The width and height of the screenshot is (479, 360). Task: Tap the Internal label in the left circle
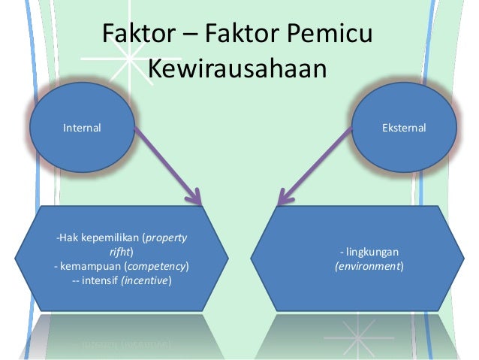[82, 129]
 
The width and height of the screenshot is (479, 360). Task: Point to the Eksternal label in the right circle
[403, 129]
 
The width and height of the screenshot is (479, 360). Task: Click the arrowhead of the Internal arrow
[197, 199]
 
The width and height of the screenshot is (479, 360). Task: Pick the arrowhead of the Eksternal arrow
[283, 199]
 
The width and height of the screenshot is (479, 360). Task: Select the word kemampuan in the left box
[90, 267]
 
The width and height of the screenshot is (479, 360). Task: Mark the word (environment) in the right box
[369, 267]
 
